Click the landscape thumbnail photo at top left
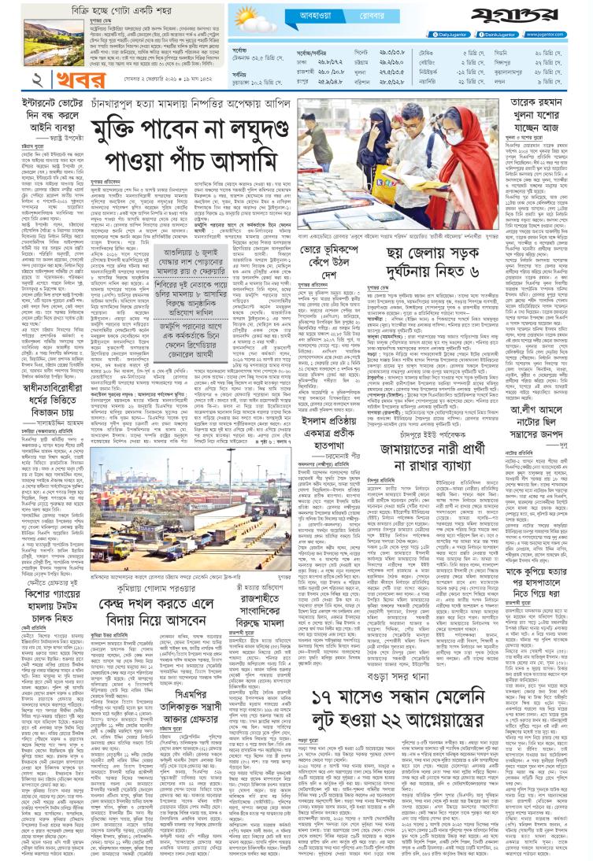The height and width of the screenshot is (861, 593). [x=39, y=39]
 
